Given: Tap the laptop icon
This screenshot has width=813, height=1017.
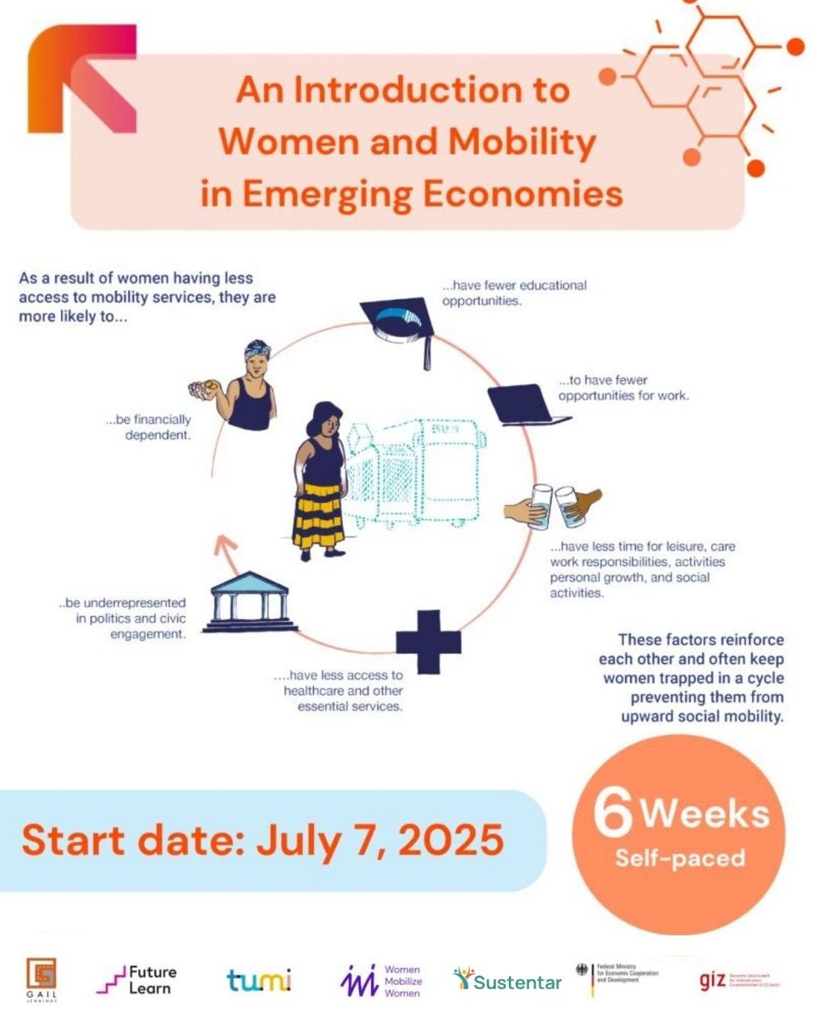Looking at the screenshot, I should (525, 405).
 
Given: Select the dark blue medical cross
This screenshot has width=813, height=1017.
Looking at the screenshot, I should (429, 642).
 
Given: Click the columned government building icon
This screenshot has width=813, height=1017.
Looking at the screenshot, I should (249, 603).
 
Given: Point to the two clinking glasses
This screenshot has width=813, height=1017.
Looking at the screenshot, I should (555, 506).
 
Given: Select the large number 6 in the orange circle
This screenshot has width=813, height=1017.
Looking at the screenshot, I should (614, 813).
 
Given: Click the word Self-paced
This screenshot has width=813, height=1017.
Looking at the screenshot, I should (680, 858).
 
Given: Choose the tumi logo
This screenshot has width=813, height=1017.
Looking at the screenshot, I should (259, 981).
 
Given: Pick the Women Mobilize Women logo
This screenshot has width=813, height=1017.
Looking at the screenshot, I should (380, 981).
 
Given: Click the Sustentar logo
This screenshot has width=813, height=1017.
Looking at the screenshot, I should (507, 981).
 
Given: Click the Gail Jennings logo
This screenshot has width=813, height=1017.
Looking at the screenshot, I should (41, 976).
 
